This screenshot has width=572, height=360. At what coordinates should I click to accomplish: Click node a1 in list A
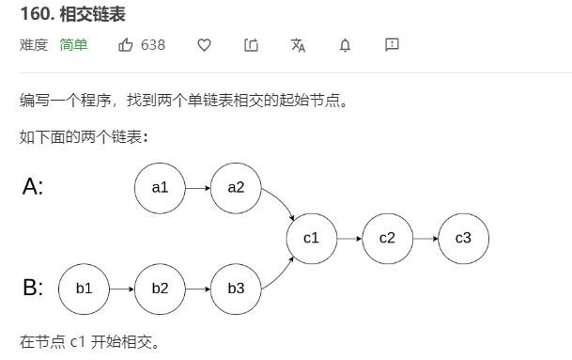coord(160,187)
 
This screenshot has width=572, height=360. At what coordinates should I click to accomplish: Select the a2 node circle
coord(236,187)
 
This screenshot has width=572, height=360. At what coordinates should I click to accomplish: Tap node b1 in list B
coord(84,288)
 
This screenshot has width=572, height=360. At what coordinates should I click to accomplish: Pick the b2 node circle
coord(160,288)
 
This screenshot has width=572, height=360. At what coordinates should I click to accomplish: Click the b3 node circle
coord(236,288)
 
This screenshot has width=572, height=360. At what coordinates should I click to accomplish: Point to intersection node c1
coord(312,238)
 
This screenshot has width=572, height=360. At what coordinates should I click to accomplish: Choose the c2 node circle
coord(387,238)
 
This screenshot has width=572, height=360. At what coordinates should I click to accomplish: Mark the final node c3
coord(463,238)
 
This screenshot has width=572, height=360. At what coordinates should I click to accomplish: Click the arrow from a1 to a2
coord(197,187)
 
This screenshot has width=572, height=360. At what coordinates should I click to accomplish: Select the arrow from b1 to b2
coord(121,288)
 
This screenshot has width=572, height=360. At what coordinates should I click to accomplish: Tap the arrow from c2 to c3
coord(425,238)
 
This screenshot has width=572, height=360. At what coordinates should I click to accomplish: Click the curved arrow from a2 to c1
coord(281,203)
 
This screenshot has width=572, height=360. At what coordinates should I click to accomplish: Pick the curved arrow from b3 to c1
coord(281,272)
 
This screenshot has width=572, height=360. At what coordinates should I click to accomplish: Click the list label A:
coord(33,187)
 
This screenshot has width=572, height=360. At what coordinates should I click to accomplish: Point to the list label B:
coord(33,288)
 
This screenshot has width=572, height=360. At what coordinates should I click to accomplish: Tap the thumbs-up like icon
coord(125,44)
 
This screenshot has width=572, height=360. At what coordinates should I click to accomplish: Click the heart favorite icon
coord(204,44)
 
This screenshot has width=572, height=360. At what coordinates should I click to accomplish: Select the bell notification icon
coord(345,44)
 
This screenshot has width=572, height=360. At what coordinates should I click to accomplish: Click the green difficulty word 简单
coord(73,44)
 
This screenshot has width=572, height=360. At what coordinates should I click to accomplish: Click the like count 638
coord(153,44)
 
